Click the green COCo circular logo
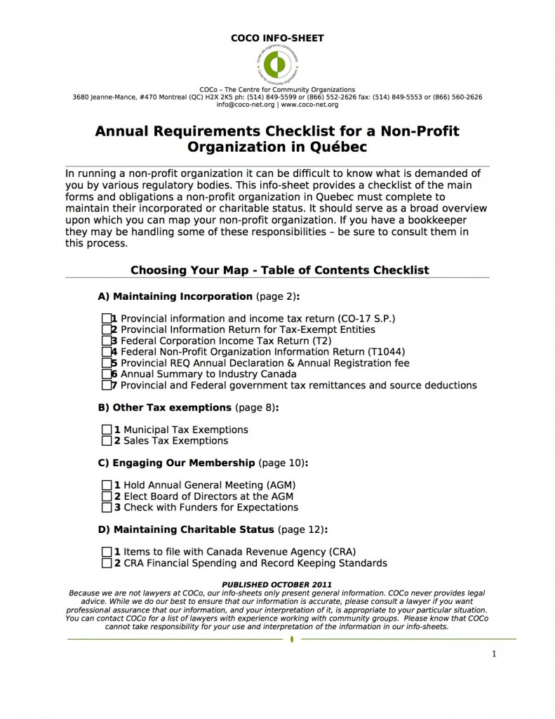[277, 65]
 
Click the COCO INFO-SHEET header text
[277, 39]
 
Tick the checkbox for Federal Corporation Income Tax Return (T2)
[106, 341]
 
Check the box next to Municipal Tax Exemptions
[107, 430]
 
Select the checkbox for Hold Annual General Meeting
[107, 485]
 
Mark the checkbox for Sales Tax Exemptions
[107, 441]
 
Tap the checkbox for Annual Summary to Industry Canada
[106, 374]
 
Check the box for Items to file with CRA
[107, 552]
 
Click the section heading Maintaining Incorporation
[182, 296]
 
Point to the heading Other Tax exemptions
[172, 407]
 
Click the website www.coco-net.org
[309, 105]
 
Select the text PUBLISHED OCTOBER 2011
[276, 584]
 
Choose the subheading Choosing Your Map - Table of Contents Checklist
[279, 270]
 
